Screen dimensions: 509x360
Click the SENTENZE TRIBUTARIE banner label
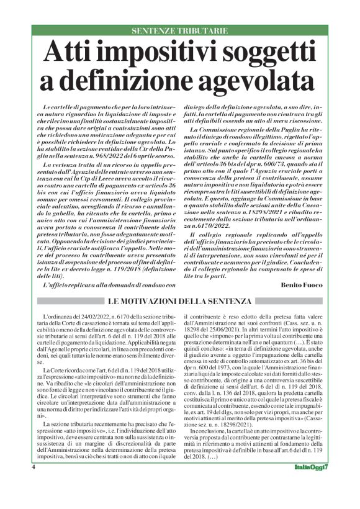(x=179, y=30)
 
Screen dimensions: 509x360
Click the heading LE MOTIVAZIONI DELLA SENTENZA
(x=180, y=302)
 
